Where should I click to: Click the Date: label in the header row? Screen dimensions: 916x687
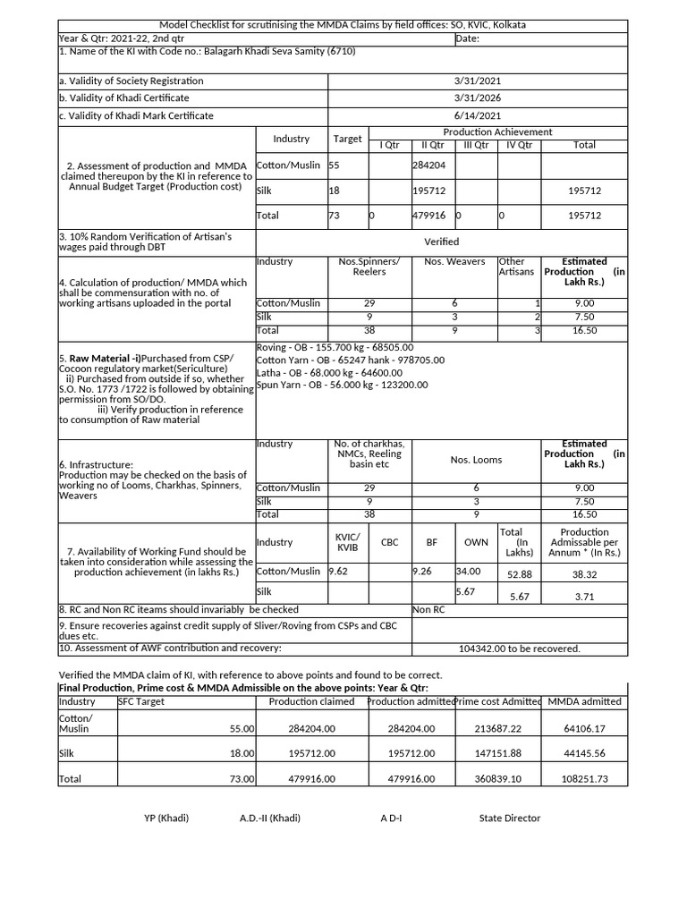click(468, 38)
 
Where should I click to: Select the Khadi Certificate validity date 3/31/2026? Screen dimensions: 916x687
click(478, 98)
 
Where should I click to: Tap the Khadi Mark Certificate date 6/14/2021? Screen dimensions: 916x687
click(478, 116)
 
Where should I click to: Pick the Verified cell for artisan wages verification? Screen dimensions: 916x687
click(441, 242)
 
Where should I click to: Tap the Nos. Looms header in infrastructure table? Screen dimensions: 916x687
click(476, 460)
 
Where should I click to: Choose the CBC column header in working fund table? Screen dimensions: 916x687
click(390, 542)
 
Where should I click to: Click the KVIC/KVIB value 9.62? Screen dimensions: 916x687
click(338, 571)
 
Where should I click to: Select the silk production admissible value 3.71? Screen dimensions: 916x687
click(584, 597)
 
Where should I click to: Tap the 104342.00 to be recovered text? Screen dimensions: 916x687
click(519, 649)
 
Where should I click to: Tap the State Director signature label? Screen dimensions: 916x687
click(510, 818)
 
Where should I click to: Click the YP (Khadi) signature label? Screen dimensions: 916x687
click(166, 818)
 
